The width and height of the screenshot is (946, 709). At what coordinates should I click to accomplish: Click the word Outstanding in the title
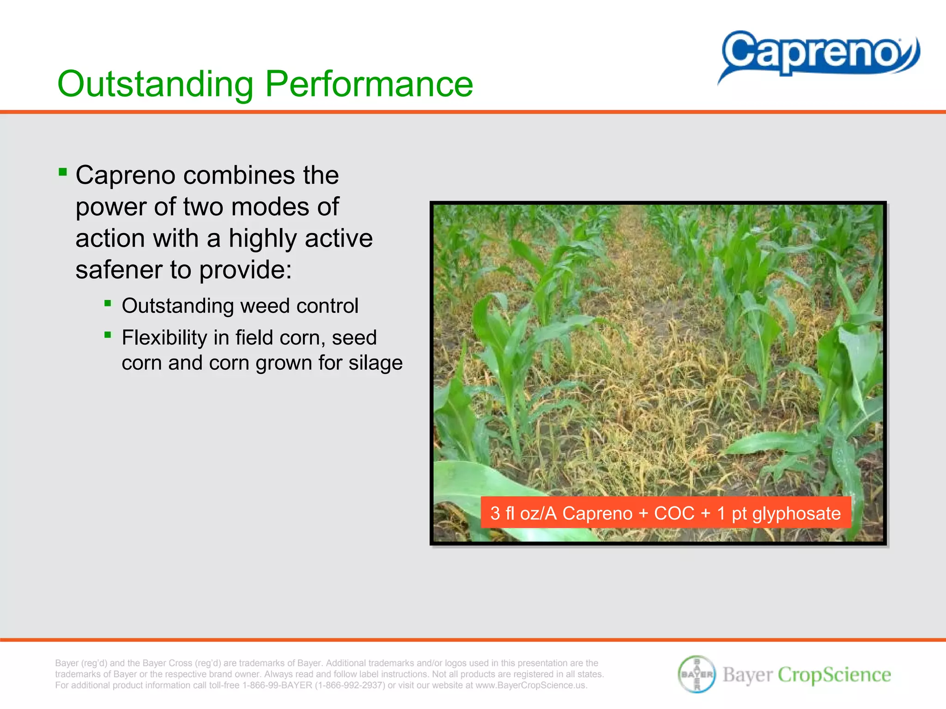point(155,84)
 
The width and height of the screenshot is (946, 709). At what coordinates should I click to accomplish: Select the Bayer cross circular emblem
point(697,674)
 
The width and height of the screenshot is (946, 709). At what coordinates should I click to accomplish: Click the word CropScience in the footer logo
point(834,674)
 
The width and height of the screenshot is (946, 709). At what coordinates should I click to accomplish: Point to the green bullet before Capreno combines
point(63,173)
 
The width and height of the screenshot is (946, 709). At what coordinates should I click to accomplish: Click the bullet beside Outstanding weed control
point(108,303)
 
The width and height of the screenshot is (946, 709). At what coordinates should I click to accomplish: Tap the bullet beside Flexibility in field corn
point(108,335)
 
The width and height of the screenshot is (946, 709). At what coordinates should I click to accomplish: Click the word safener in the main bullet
point(118,270)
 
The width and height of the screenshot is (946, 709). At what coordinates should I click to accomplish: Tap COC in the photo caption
point(674,513)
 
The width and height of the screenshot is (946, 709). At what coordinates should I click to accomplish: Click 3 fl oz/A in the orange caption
point(523,513)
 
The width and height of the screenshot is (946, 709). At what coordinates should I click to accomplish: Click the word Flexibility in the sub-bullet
point(164,338)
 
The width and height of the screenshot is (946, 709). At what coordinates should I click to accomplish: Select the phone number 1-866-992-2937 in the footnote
point(350,685)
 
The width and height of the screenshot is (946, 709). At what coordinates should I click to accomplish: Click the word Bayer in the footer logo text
point(747,674)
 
